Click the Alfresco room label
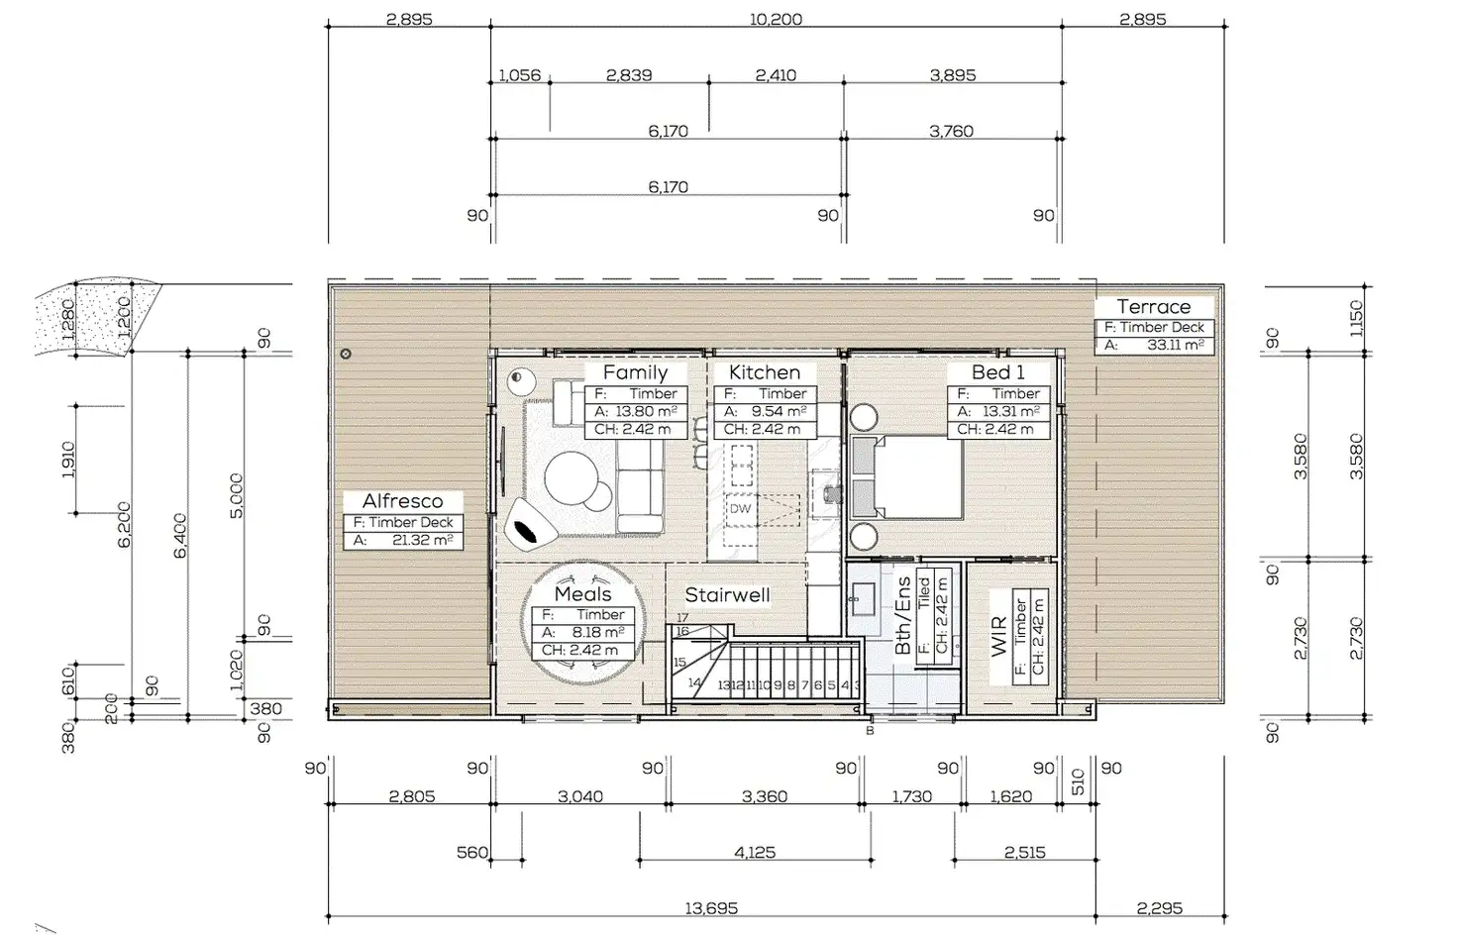tap(402, 500)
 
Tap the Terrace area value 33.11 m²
tap(1175, 345)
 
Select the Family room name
tap(635, 372)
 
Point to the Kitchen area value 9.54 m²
tap(779, 411)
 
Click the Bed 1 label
tap(997, 372)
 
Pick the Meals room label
tap(582, 593)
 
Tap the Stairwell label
tap(727, 595)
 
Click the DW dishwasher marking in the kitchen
tap(740, 508)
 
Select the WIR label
tap(999, 637)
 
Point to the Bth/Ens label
tap(902, 615)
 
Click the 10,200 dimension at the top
tap(776, 19)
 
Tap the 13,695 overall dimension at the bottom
tap(711, 908)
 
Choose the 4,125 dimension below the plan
tap(755, 852)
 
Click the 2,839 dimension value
tap(629, 75)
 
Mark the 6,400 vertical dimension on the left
tap(180, 536)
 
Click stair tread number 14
tap(694, 682)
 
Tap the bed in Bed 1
tap(906, 477)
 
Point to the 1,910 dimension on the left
tap(68, 460)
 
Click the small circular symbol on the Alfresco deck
tap(346, 355)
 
